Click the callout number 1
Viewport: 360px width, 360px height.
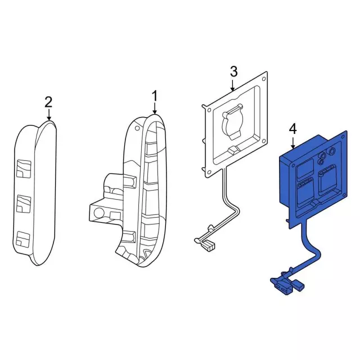[155, 97]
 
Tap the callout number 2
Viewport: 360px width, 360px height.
[48, 102]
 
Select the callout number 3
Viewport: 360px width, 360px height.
[234, 71]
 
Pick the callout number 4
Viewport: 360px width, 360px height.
[292, 129]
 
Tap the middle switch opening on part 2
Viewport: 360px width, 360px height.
[23, 204]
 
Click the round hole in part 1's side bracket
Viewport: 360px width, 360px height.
[99, 213]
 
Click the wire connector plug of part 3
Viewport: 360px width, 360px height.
[210, 246]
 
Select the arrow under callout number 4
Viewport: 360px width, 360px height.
[292, 143]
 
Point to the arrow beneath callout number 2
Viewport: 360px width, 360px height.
[48, 115]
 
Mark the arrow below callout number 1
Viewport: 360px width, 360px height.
[155, 110]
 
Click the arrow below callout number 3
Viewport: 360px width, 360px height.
[233, 85]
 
